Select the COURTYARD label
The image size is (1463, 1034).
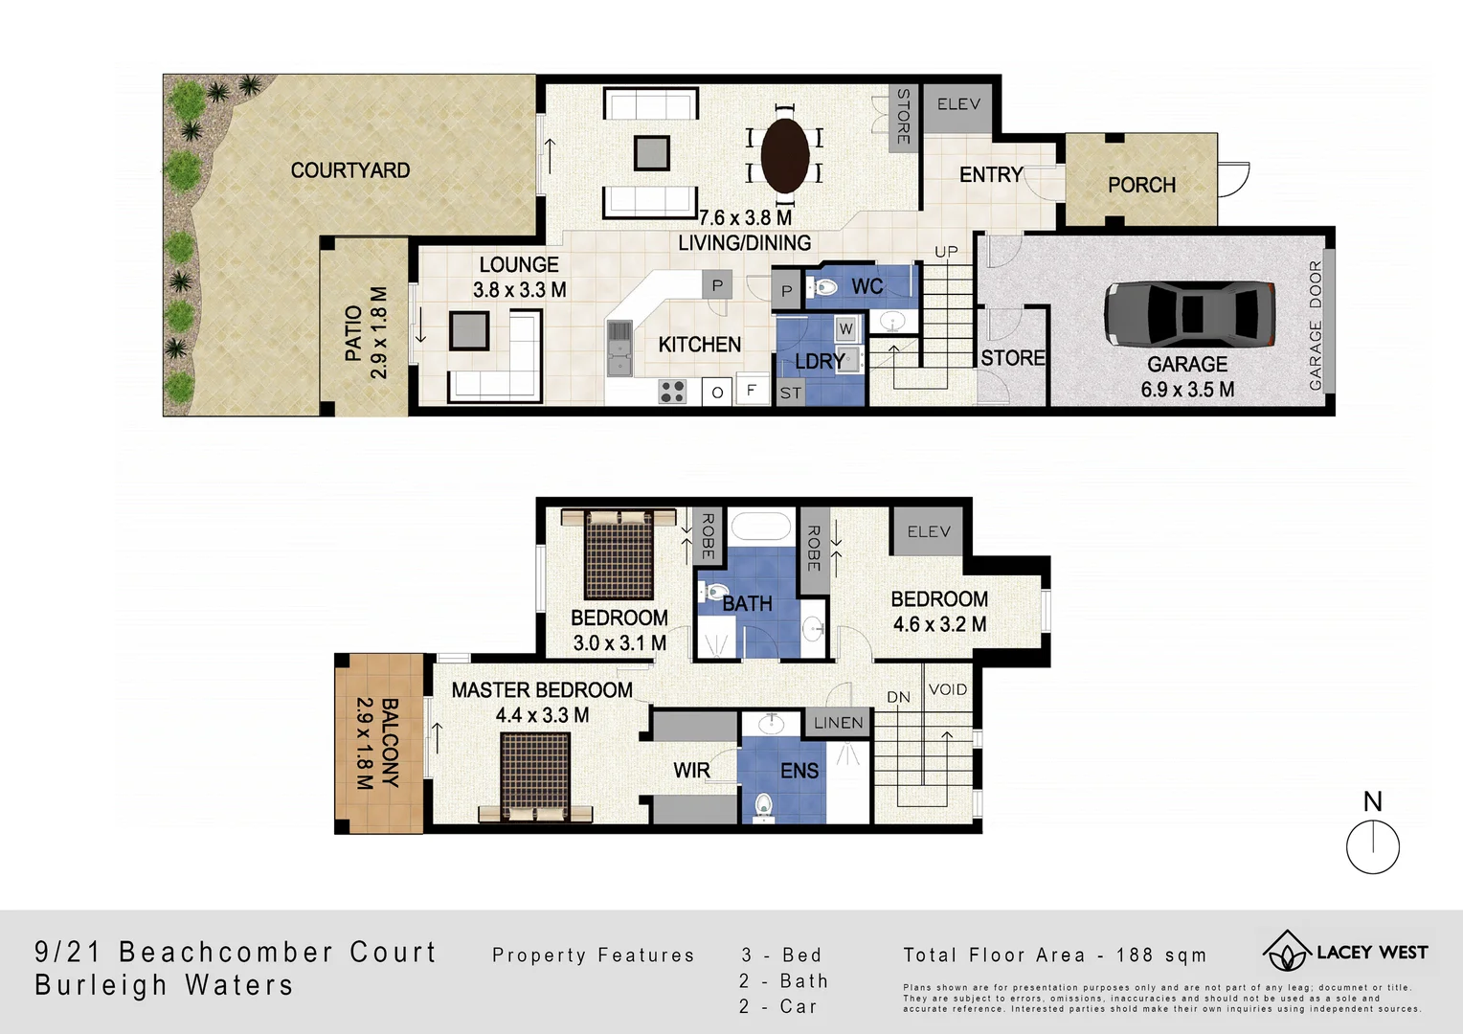pos(349,170)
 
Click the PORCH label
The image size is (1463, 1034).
pos(1141,185)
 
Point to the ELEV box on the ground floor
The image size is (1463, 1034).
pos(958,104)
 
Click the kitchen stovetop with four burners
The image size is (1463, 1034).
pos(672,391)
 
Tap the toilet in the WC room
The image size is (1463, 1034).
pos(822,286)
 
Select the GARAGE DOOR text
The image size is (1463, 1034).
pos(1316,326)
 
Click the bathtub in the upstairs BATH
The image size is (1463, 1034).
pos(761,527)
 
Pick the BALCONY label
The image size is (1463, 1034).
pos(389,743)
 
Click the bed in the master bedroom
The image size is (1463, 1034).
pos(535,776)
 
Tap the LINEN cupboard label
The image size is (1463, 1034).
pos(838,723)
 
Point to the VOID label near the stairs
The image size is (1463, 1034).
pos(947,689)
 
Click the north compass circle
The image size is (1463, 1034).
pos(1372,847)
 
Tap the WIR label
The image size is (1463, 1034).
pos(691,771)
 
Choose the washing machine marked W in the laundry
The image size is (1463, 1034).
pos(845,329)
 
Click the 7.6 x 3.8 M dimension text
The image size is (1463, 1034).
pos(745,217)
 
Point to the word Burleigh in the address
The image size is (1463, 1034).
pos(101,984)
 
